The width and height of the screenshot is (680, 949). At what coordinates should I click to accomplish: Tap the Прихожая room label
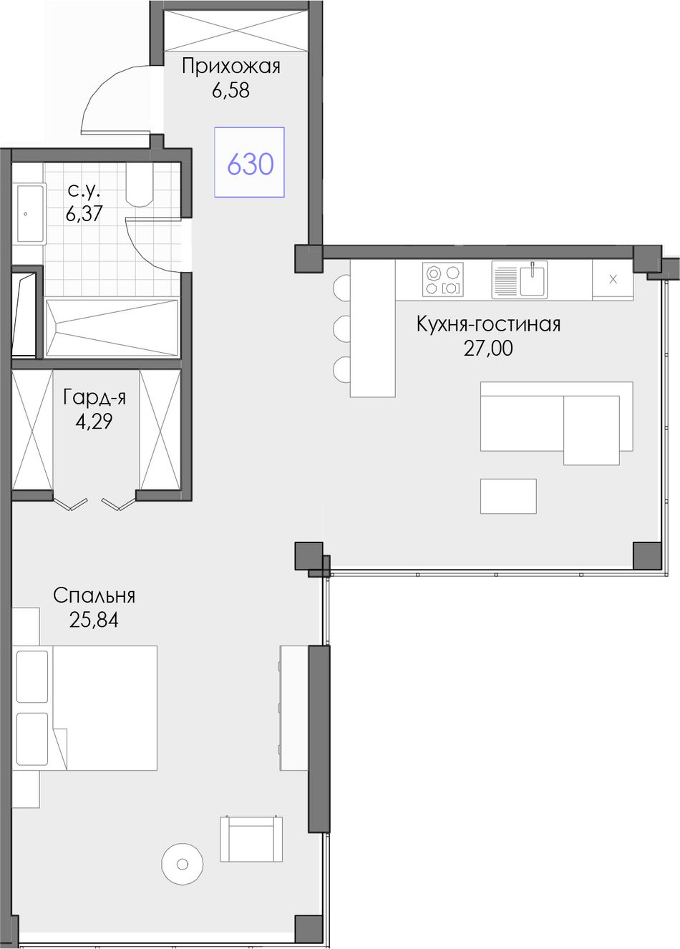click(231, 67)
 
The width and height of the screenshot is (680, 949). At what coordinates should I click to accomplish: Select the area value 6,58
click(231, 90)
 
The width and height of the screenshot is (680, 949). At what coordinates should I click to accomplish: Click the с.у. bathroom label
click(84, 192)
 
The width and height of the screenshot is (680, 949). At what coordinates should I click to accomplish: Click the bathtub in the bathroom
click(112, 328)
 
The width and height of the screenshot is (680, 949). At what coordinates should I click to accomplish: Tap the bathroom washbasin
click(30, 214)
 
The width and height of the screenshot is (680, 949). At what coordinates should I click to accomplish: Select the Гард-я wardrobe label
click(94, 398)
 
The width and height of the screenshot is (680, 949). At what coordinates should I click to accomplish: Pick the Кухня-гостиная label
click(488, 324)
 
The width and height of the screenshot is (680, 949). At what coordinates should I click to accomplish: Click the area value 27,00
click(488, 348)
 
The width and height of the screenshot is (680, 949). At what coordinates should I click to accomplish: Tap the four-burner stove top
click(443, 279)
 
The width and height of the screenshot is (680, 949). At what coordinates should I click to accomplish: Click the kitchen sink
click(520, 279)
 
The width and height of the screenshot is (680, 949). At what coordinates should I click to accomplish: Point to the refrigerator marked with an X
click(613, 280)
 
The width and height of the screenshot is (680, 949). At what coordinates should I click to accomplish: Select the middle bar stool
click(342, 328)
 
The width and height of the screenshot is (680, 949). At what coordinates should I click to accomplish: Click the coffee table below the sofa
click(508, 496)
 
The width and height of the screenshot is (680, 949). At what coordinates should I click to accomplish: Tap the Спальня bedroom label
click(94, 595)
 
